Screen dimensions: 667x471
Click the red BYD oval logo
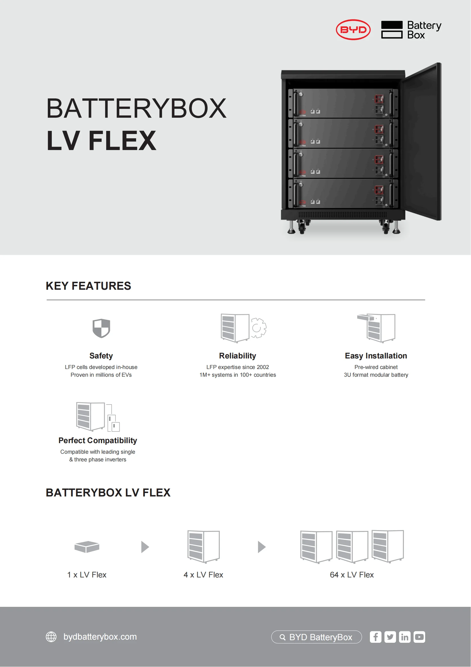(x=353, y=30)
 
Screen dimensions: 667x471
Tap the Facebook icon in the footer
(x=375, y=637)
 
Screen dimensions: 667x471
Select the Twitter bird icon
(x=390, y=637)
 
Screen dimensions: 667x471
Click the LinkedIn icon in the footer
(x=405, y=637)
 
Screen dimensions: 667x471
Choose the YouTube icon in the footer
(x=419, y=637)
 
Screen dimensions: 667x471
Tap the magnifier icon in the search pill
(x=282, y=637)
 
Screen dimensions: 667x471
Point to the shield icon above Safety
(x=101, y=328)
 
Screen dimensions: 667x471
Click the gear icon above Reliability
(x=258, y=328)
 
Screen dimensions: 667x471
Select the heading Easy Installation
(x=376, y=356)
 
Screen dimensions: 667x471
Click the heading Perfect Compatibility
(x=98, y=440)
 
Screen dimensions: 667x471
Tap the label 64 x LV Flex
(x=351, y=575)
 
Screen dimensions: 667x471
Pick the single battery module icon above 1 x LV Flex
(x=87, y=547)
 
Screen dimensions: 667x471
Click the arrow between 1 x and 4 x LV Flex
(x=145, y=547)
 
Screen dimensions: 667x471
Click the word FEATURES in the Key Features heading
(x=101, y=286)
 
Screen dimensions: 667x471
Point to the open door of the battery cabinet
(x=423, y=142)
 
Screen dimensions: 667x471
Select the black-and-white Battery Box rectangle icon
(x=392, y=30)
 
